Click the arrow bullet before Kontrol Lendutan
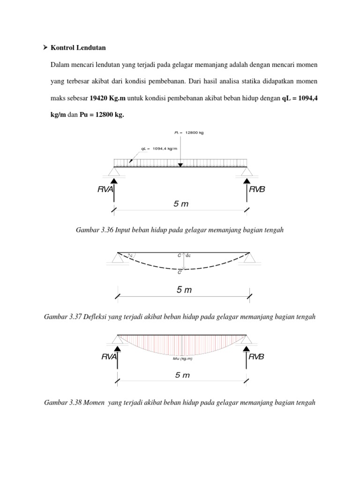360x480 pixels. pyautogui.click(x=45, y=48)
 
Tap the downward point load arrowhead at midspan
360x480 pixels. pyautogui.click(x=180, y=165)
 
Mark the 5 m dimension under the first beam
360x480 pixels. pyautogui.click(x=180, y=204)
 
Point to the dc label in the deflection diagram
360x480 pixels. pyautogui.click(x=188, y=255)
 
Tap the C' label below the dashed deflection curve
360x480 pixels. pyautogui.click(x=180, y=273)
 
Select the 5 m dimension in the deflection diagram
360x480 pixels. pyautogui.click(x=184, y=290)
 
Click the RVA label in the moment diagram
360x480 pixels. pyautogui.click(x=108, y=357)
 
